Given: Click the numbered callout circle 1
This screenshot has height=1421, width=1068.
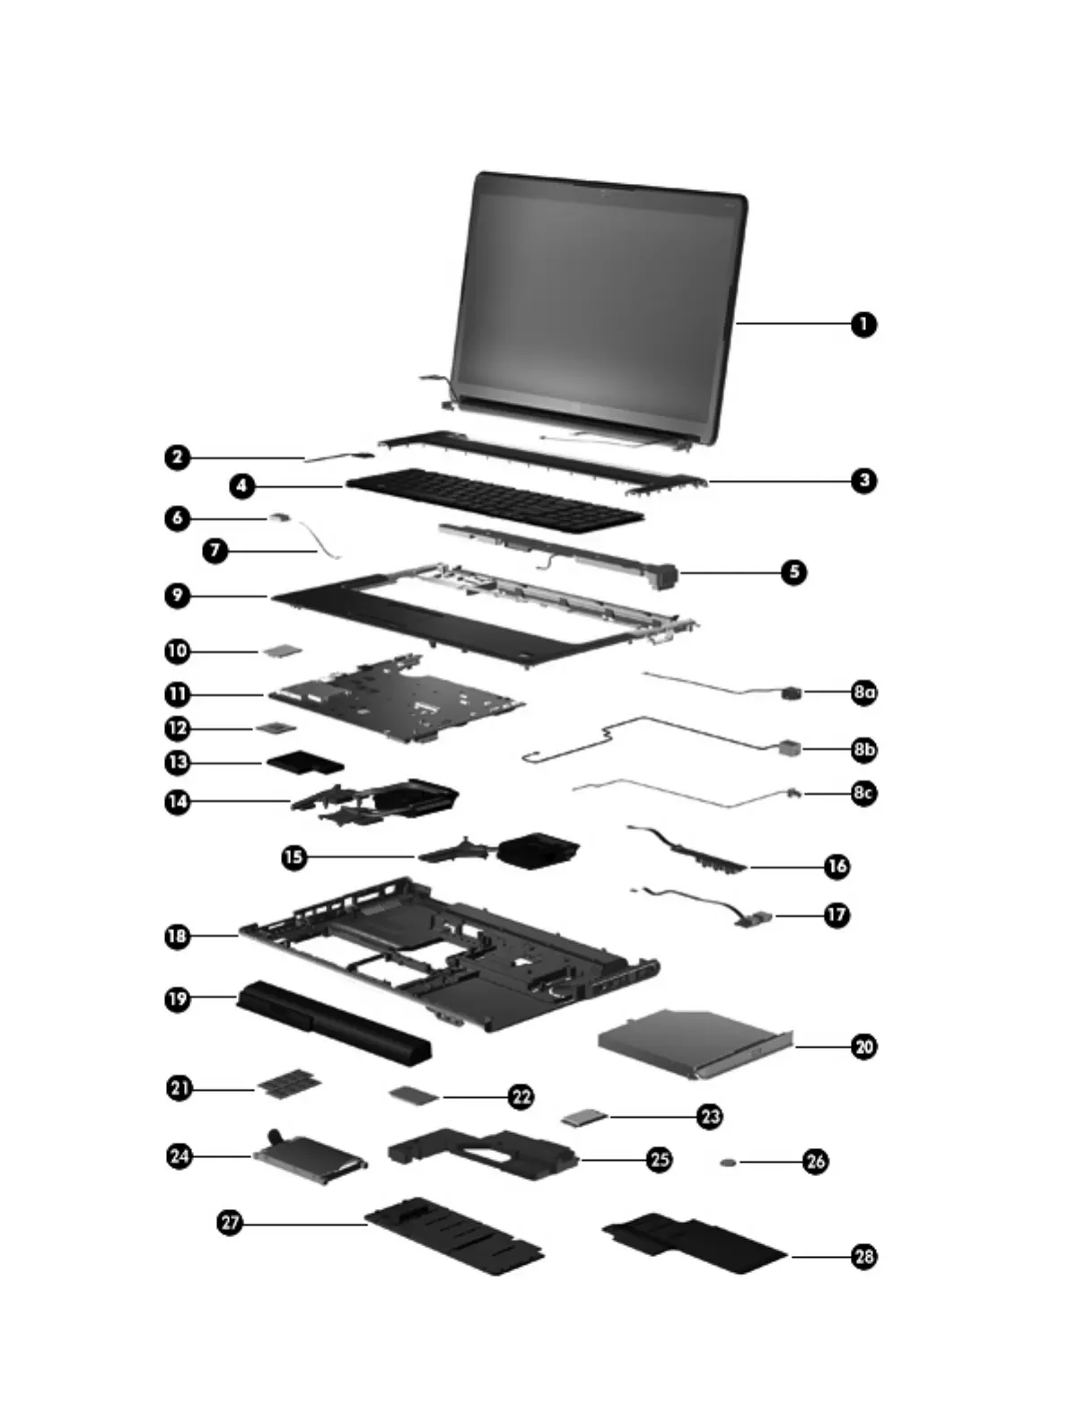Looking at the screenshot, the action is (x=863, y=324).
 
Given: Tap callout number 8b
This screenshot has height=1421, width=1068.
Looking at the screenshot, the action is (x=863, y=749).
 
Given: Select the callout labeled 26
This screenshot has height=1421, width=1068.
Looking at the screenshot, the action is (x=815, y=1162).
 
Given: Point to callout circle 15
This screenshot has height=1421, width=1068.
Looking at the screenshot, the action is (x=293, y=857).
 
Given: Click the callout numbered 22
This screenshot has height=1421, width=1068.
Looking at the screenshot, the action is (x=521, y=1096).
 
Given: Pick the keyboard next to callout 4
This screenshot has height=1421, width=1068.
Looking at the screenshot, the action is (x=495, y=498).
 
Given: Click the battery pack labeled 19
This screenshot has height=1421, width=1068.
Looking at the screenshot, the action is (x=332, y=1022).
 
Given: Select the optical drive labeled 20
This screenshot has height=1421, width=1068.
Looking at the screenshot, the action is (x=691, y=1042).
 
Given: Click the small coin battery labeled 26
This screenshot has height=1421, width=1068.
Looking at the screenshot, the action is (x=728, y=1163).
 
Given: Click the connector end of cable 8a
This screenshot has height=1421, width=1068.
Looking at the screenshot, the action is (x=791, y=693).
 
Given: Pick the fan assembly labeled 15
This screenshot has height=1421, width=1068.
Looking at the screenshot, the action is (x=537, y=849).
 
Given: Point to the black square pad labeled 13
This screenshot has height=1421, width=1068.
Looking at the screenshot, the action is (x=305, y=763).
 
